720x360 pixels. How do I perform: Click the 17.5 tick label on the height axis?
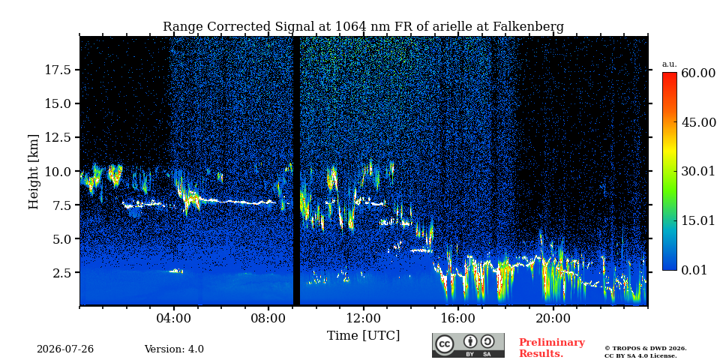[58, 70]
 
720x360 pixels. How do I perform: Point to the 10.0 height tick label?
[58, 171]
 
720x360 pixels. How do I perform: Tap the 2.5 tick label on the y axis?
[62, 273]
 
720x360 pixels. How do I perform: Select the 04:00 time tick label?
[174, 318]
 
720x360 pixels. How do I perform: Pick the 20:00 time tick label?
[553, 318]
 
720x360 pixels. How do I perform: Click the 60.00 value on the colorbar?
[698, 73]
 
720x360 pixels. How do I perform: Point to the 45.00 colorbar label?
[698, 122]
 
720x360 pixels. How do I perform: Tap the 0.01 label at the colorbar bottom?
[695, 270]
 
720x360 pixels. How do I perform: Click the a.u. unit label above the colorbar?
[670, 64]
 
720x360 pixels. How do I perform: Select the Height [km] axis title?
[34, 171]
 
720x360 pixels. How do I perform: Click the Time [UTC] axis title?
[363, 336]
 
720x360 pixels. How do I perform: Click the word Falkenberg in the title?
[529, 27]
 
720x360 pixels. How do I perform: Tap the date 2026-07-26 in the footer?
[65, 349]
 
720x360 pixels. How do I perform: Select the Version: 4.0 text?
[174, 349]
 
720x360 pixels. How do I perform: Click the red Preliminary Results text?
[552, 348]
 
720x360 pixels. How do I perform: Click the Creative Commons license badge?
[468, 345]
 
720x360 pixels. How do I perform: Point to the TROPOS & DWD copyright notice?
[645, 352]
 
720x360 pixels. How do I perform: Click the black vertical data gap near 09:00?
[297, 171]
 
